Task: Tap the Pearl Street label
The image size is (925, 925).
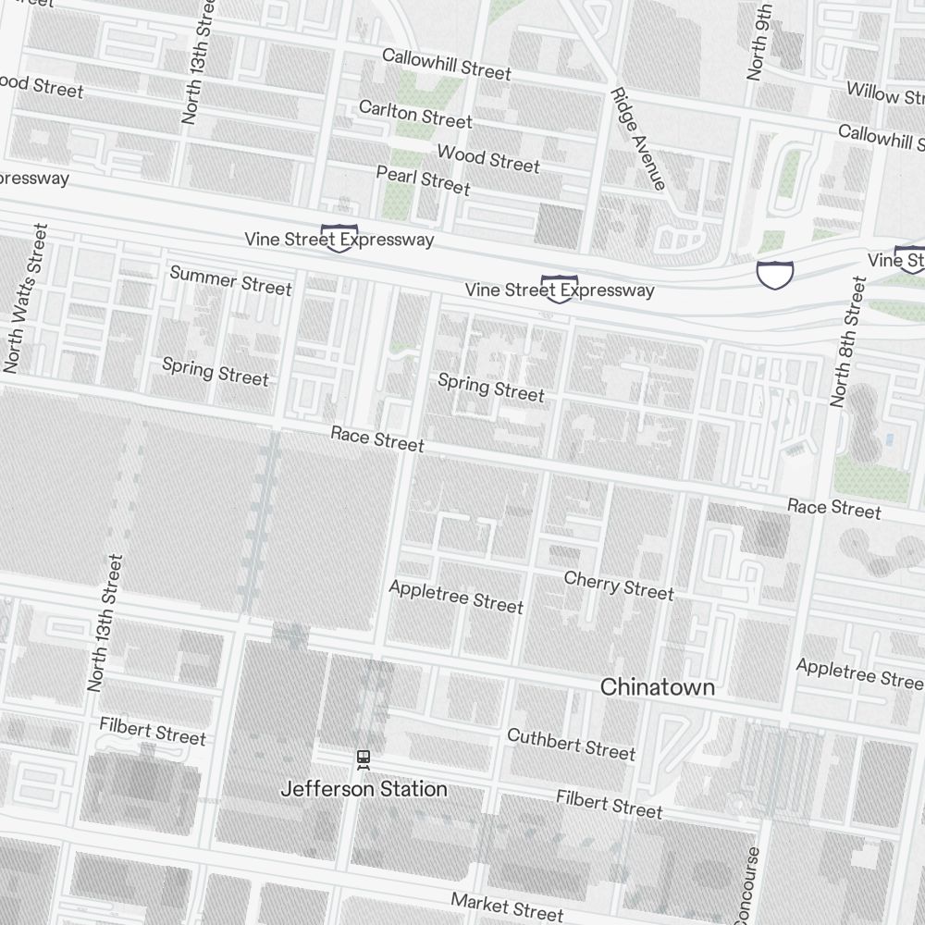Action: pyautogui.click(x=423, y=179)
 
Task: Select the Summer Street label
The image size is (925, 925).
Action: pyautogui.click(x=230, y=280)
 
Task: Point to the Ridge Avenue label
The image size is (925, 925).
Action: pyautogui.click(x=637, y=139)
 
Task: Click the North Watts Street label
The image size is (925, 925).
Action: pyautogui.click(x=25, y=298)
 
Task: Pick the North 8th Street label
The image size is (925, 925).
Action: pyautogui.click(x=848, y=342)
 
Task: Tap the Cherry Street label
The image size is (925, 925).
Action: pyautogui.click(x=619, y=585)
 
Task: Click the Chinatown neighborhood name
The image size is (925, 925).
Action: pyautogui.click(x=657, y=687)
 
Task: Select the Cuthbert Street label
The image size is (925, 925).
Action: pyautogui.click(x=571, y=744)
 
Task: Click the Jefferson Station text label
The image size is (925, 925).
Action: pyautogui.click(x=364, y=789)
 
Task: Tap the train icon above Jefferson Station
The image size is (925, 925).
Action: pyautogui.click(x=364, y=759)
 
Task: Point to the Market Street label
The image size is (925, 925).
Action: pyautogui.click(x=507, y=906)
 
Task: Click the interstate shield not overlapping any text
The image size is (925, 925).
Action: pyautogui.click(x=774, y=274)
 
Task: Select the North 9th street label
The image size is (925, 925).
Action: pyautogui.click(x=759, y=42)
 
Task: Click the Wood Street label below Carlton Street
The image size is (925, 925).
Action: pyautogui.click(x=487, y=158)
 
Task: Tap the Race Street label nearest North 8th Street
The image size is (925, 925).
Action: pyautogui.click(x=833, y=508)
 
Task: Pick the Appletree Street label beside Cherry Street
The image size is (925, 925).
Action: pyautogui.click(x=456, y=597)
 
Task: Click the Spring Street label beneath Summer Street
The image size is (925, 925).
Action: pyautogui.click(x=216, y=371)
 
